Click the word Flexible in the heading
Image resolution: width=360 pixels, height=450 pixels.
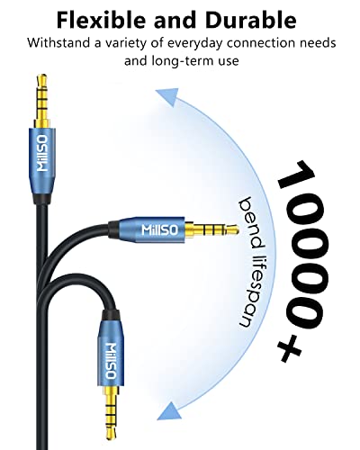(x=102, y=20)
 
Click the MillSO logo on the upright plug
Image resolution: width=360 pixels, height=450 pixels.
(x=42, y=153)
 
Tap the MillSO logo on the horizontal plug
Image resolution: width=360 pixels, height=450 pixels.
(x=159, y=229)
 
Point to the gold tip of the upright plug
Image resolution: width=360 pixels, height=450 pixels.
(x=42, y=80)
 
